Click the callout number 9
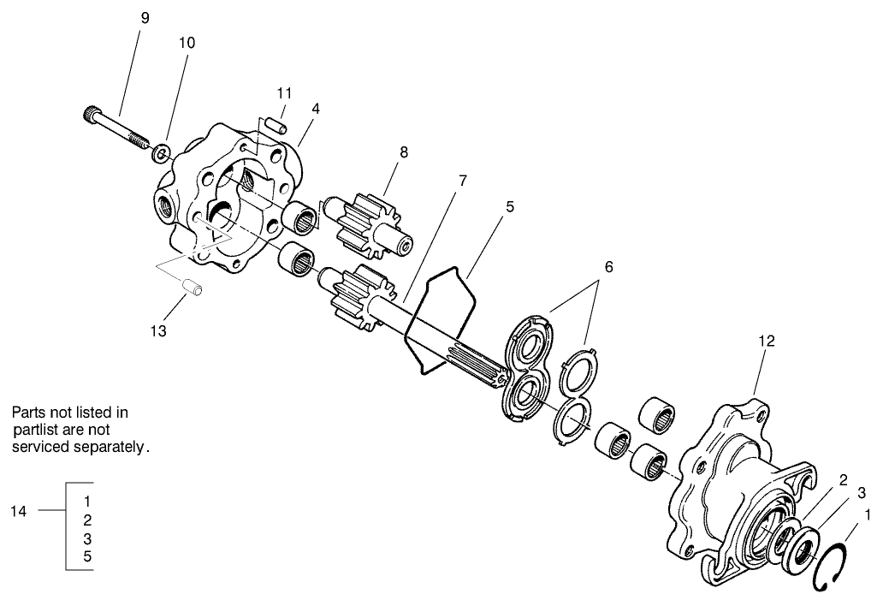click(x=145, y=18)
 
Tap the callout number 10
click(x=186, y=43)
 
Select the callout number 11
click(x=284, y=92)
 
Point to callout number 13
click(x=159, y=330)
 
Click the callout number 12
click(x=766, y=341)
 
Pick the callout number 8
click(x=403, y=152)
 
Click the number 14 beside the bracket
click(x=19, y=512)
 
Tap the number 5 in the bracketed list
click(x=88, y=557)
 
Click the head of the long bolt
click(x=93, y=113)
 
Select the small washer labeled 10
click(x=159, y=155)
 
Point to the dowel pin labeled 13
click(x=193, y=287)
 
